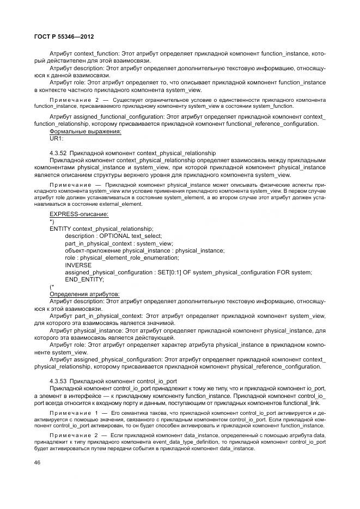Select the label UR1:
click(56, 138)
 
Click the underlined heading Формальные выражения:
click(85, 131)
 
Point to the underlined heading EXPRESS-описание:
click(79, 214)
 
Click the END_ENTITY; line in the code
click(84, 279)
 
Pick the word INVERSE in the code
click(78, 265)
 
